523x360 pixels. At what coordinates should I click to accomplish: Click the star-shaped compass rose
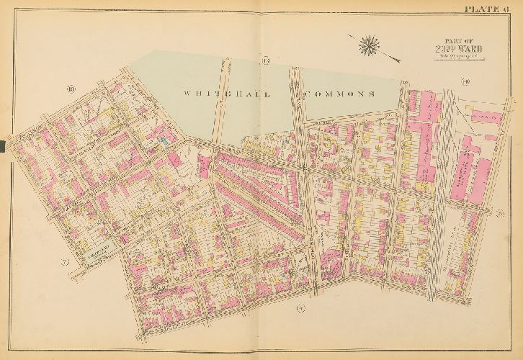coord(369,44)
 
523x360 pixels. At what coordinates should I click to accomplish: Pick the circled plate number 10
coord(71,89)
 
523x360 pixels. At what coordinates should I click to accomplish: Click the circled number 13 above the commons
coord(245,60)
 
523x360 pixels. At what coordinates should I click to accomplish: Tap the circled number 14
coord(465,82)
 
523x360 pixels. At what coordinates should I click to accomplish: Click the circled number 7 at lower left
coord(65,261)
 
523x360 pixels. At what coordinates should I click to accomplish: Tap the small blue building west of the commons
coord(167,143)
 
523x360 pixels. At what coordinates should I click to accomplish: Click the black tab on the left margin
coord(4,146)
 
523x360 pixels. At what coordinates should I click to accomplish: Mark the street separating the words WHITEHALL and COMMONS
coord(296,94)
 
